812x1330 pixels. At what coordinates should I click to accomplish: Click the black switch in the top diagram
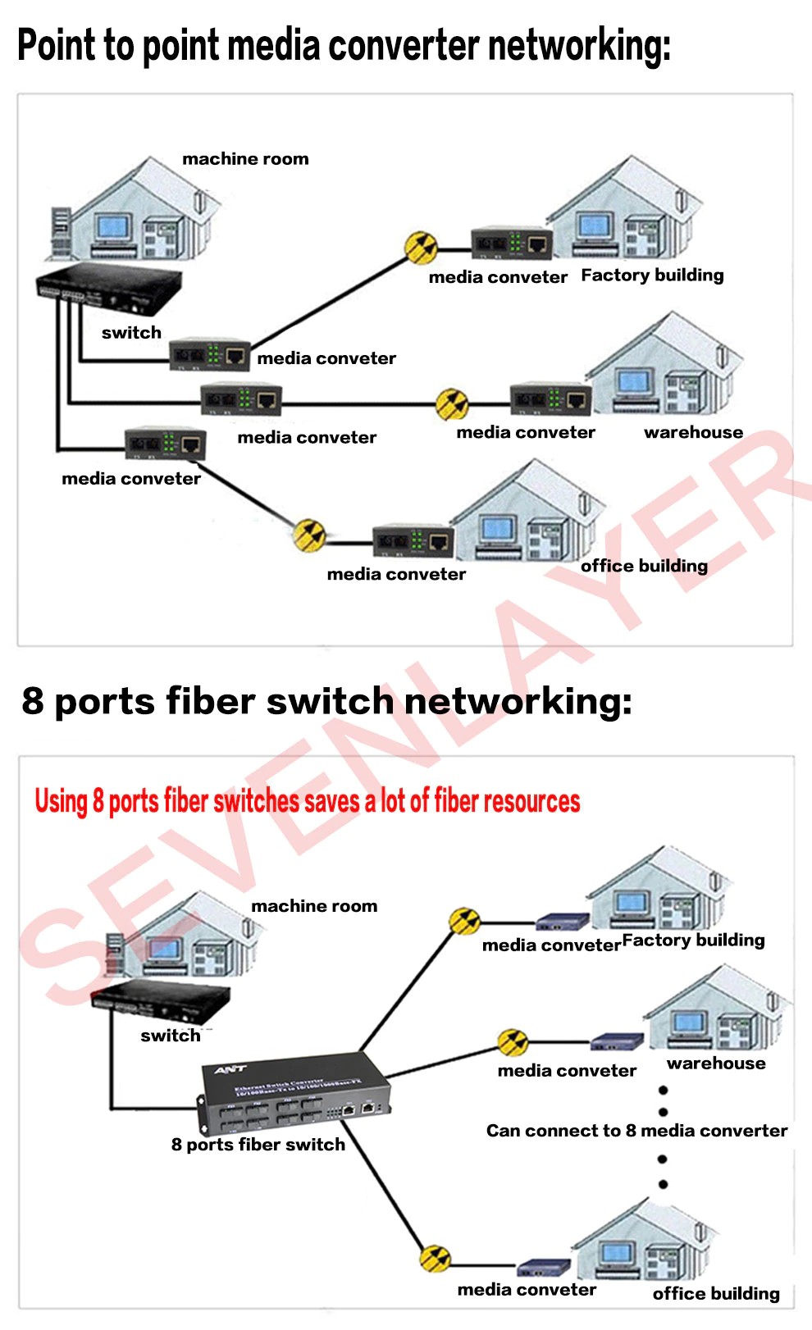pos(108,289)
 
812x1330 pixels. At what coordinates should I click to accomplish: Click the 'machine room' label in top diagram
pos(245,159)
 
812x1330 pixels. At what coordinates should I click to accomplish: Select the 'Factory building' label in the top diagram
pos(652,276)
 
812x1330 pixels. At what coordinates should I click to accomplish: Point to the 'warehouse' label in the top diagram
pos(693,432)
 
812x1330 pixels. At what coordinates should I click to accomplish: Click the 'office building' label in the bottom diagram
pos(715,1293)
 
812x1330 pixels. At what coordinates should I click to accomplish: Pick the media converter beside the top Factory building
pos(512,244)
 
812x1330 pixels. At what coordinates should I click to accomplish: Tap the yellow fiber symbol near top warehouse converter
pos(452,403)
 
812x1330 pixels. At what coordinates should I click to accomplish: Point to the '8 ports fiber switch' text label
pos(258,1145)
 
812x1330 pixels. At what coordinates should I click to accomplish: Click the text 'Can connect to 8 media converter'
pos(636,1131)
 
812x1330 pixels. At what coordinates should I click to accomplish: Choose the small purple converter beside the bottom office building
pos(543,1268)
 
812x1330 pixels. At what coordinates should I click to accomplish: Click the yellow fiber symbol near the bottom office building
pos(435,1259)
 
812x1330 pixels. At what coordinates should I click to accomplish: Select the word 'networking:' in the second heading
pos(518,702)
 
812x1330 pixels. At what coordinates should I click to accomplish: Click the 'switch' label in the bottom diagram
pos(170,1036)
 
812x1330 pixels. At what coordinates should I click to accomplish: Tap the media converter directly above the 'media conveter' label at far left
pos(165,444)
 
